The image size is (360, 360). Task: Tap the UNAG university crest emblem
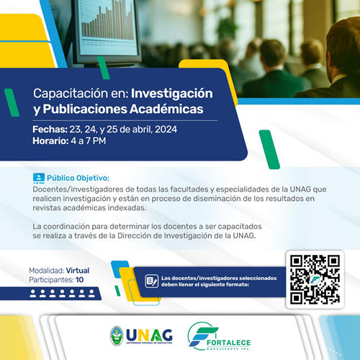(x=116, y=336)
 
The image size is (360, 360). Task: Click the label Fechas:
(x=49, y=129)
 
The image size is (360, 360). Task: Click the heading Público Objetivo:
(x=78, y=178)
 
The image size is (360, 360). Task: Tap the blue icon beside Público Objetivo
(x=39, y=178)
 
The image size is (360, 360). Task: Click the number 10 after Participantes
(x=79, y=279)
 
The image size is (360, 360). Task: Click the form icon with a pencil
(x=151, y=280)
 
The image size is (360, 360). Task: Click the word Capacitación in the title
(x=63, y=94)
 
